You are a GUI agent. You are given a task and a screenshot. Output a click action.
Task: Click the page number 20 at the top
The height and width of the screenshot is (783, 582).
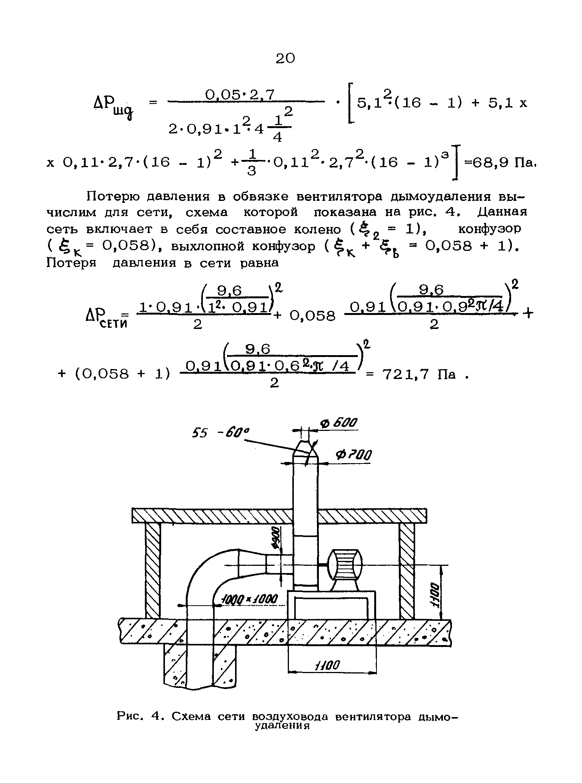pyautogui.click(x=285, y=58)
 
